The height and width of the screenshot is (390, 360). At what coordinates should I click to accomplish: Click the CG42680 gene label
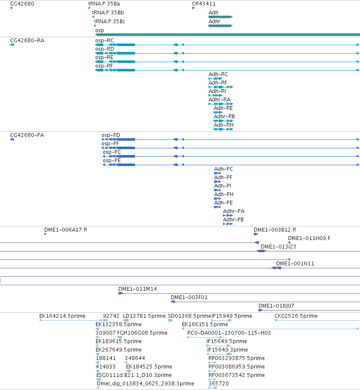[x=22, y=4]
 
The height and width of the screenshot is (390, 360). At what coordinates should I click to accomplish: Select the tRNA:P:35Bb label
[x=108, y=13]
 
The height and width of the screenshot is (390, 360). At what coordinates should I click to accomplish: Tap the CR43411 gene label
[x=203, y=4]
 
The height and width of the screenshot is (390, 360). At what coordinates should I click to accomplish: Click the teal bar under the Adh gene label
[x=220, y=17]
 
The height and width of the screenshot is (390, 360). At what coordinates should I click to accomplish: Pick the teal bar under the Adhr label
[x=220, y=26]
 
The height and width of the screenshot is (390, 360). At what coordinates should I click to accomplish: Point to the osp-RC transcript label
[x=104, y=41]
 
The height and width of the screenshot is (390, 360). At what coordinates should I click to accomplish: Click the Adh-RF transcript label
[x=217, y=82]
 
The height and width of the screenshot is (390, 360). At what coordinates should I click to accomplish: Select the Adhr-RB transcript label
[x=224, y=116]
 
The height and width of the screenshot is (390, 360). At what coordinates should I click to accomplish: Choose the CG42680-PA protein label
[x=27, y=135]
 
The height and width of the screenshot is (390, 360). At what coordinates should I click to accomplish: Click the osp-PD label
[x=111, y=135]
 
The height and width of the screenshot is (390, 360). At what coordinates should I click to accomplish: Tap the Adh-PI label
[x=223, y=186]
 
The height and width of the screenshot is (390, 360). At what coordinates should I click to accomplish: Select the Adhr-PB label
[x=233, y=220]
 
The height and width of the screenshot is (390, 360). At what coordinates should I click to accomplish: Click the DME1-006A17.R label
[x=66, y=230]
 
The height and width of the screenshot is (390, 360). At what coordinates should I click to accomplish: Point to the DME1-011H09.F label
[x=309, y=238]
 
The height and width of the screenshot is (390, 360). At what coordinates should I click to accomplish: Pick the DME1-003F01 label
[x=189, y=297]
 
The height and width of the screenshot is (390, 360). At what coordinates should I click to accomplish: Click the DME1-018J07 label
[x=276, y=306]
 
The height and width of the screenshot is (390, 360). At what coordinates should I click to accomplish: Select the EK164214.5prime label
[x=62, y=316]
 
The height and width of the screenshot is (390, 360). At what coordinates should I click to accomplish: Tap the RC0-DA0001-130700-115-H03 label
[x=229, y=333]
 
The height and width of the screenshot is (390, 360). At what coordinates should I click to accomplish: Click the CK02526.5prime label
[x=296, y=316]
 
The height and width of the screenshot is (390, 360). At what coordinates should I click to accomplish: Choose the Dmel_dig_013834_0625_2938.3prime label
[x=146, y=384]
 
